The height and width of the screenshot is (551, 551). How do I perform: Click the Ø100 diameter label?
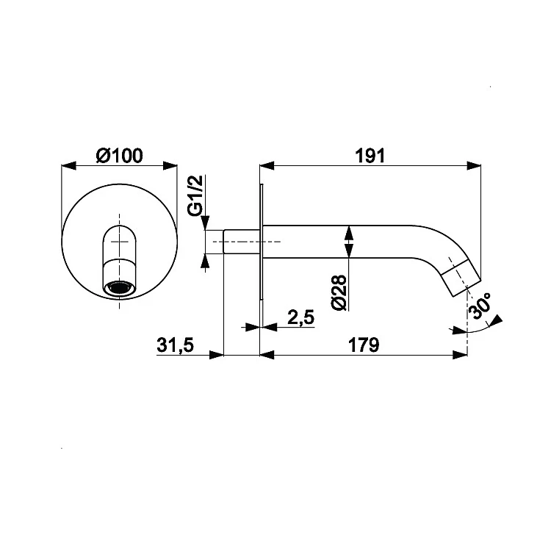tap(119, 156)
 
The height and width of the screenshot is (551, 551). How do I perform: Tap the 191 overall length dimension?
tap(370, 156)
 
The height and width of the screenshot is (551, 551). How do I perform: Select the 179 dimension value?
tap(364, 345)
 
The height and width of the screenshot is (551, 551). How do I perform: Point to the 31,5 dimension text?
tap(175, 345)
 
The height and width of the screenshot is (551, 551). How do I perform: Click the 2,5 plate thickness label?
tap(300, 317)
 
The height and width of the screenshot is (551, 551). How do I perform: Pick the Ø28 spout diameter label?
tap(339, 292)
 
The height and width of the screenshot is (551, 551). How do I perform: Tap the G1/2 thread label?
tap(195, 195)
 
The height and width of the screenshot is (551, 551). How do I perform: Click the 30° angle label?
tap(480, 306)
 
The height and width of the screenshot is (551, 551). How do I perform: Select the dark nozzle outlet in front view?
tap(120, 287)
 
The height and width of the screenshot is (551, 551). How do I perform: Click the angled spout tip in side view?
tap(461, 278)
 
